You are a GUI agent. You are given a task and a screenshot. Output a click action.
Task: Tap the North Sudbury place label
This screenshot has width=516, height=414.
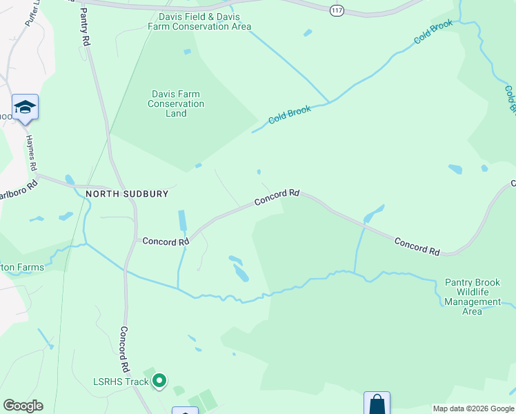(x=127, y=194)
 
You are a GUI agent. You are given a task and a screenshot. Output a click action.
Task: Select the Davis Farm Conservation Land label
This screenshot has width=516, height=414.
(x=176, y=103)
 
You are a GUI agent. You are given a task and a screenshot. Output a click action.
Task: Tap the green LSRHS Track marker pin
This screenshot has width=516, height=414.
(x=159, y=380)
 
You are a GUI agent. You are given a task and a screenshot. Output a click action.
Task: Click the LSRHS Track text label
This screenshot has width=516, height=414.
(x=121, y=382)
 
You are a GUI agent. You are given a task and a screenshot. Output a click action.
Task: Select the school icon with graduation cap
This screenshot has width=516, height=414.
(x=25, y=107)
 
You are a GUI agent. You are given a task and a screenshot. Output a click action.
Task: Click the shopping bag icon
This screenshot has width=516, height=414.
(x=377, y=404)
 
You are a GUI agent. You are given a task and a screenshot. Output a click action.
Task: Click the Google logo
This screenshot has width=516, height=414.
(x=23, y=406)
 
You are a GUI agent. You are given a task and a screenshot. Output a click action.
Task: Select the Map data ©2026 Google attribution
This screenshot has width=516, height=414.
(x=473, y=408)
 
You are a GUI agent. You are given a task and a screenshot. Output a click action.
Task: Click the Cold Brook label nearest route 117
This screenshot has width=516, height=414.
(x=433, y=32)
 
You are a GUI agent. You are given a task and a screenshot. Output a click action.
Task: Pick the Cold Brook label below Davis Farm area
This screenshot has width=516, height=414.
(x=290, y=114)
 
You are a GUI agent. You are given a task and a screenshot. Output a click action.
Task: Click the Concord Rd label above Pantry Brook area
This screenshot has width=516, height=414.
(x=417, y=246)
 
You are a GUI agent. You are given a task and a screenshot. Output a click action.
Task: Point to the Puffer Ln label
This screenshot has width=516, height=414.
(x=31, y=14)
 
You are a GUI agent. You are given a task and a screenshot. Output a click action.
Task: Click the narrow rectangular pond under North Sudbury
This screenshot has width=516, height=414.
(x=182, y=221)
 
